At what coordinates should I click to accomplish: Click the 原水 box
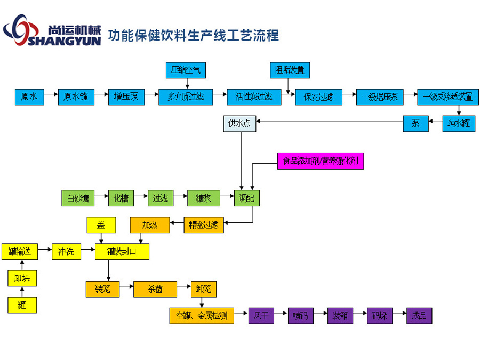29,97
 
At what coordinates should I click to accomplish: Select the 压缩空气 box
186,70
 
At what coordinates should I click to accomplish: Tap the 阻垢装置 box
290,70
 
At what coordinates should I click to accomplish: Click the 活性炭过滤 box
254,97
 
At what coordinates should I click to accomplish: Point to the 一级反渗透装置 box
447,97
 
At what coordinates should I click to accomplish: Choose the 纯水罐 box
459,124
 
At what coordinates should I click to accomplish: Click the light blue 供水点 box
239,124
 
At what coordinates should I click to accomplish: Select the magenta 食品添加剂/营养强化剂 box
321,161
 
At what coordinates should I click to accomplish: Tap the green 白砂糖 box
78,198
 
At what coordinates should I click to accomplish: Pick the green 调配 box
247,198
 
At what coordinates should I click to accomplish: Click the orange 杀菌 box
155,289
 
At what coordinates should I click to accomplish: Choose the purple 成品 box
419,316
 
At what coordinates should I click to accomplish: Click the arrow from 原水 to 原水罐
51,97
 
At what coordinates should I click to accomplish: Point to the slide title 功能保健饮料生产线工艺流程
193,36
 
